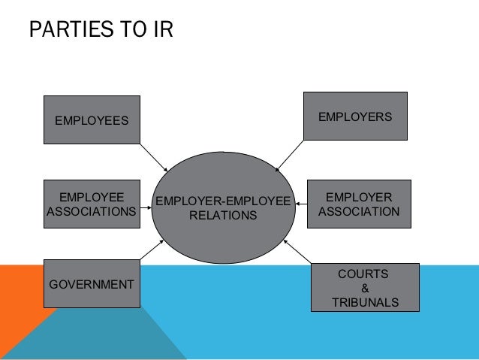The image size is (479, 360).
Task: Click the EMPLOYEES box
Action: click(x=92, y=119)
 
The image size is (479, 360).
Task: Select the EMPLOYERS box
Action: click(x=355, y=116)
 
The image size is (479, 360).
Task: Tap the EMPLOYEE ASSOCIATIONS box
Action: click(x=92, y=204)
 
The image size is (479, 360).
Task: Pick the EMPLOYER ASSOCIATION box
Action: click(x=359, y=204)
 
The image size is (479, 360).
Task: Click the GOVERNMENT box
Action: click(x=92, y=283)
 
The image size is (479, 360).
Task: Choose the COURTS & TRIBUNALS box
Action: click(x=365, y=287)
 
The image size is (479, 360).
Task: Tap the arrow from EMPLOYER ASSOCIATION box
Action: click(x=301, y=203)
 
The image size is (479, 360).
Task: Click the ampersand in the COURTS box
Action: click(x=365, y=288)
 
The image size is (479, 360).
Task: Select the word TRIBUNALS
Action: click(x=365, y=302)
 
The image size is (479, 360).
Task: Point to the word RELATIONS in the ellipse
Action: click(x=222, y=216)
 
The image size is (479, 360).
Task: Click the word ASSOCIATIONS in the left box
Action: click(x=92, y=211)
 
